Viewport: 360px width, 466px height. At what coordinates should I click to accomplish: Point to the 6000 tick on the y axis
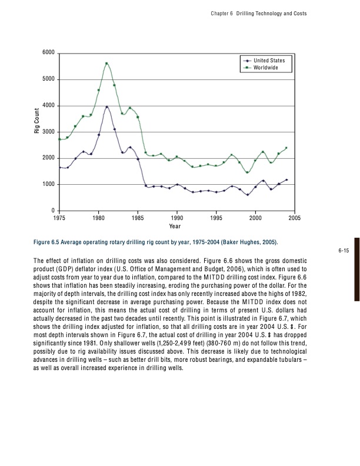(x=49, y=53)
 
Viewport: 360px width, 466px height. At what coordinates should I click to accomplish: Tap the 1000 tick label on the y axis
(x=49, y=185)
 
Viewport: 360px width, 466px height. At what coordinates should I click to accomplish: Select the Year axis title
(x=175, y=225)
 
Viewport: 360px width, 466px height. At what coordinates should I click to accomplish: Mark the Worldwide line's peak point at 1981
(x=106, y=63)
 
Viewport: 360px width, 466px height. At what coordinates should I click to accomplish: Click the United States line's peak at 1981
(x=106, y=107)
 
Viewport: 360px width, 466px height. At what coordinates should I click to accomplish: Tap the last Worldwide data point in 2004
(x=286, y=148)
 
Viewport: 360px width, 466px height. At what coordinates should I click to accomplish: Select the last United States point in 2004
(x=286, y=180)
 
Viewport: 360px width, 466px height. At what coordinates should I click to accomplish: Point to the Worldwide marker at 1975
(x=59, y=139)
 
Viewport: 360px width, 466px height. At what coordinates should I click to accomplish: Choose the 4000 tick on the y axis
(x=49, y=106)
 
